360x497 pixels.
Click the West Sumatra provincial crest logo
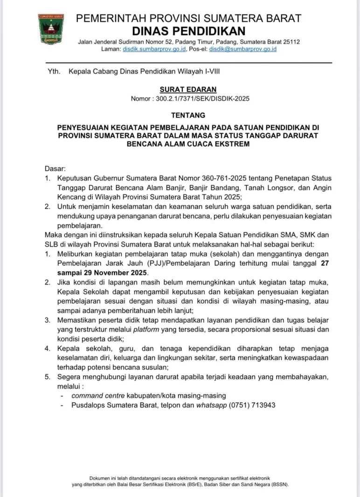(x=51, y=29)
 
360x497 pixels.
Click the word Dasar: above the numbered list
(x=55, y=168)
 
